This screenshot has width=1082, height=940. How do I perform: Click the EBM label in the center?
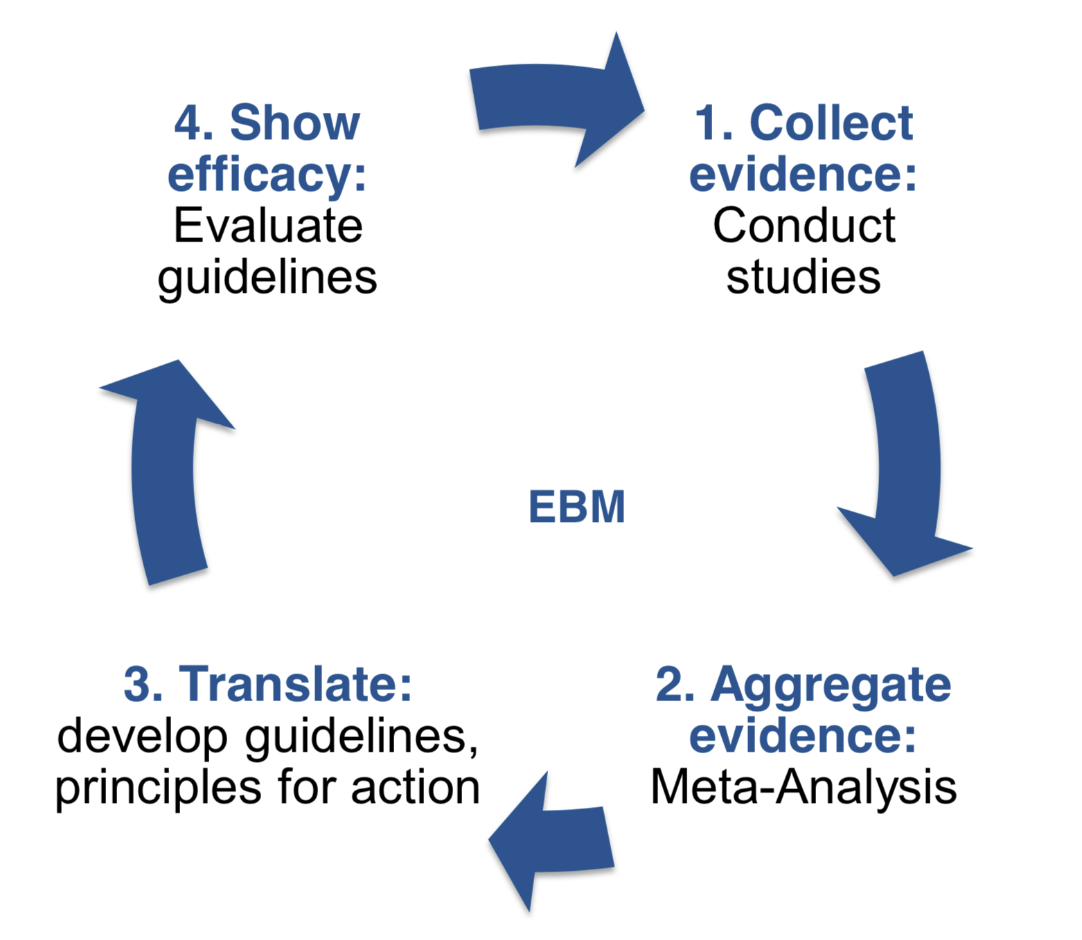576,507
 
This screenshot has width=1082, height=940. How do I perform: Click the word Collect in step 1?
831,123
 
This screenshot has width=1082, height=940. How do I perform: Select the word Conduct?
804,226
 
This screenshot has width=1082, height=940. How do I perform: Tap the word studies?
804,277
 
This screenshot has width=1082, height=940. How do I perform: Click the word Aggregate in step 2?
831,685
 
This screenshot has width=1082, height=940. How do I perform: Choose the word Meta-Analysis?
804,788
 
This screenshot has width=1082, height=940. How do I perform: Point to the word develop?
142,736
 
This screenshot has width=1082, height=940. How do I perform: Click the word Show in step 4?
294,123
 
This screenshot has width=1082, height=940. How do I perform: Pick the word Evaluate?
267,226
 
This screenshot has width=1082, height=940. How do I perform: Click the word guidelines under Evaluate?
267,278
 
